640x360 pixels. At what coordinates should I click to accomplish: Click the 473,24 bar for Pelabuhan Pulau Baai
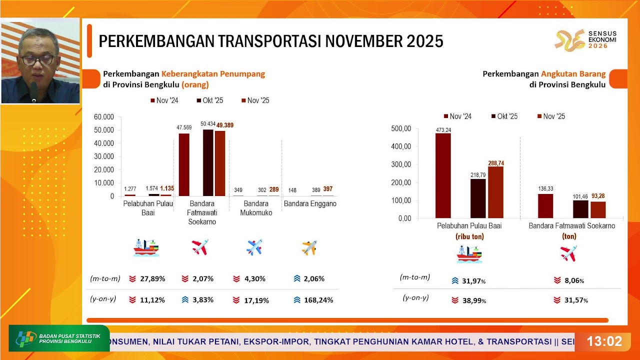click(x=443, y=175)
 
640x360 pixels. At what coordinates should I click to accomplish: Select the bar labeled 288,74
click(x=496, y=192)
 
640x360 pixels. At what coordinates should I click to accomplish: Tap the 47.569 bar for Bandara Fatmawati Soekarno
click(x=184, y=164)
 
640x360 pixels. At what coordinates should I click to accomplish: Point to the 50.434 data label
click(x=208, y=123)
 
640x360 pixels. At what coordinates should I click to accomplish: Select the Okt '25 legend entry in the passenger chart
click(x=210, y=100)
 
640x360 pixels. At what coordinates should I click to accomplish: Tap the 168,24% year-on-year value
click(x=319, y=300)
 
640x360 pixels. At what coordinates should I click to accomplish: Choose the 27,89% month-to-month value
click(x=152, y=278)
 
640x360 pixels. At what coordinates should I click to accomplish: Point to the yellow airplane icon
click(x=309, y=247)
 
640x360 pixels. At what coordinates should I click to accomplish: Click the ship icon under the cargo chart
click(x=469, y=254)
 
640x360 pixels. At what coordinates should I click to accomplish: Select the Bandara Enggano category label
click(x=310, y=204)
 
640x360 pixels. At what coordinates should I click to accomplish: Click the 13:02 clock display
click(x=604, y=341)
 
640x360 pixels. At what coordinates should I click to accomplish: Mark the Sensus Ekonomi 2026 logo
click(x=585, y=40)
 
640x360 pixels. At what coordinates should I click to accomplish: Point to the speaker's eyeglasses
click(x=37, y=59)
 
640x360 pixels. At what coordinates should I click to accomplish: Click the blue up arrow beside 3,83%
click(x=185, y=300)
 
